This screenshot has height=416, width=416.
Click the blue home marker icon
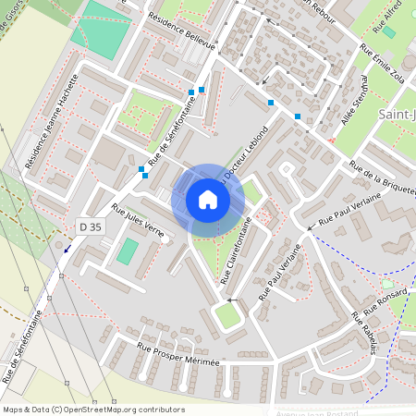click(208, 200)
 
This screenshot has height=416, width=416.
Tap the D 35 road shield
click(90, 226)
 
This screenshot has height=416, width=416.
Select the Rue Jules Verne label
click(138, 220)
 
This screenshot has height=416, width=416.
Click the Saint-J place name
click(397, 114)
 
